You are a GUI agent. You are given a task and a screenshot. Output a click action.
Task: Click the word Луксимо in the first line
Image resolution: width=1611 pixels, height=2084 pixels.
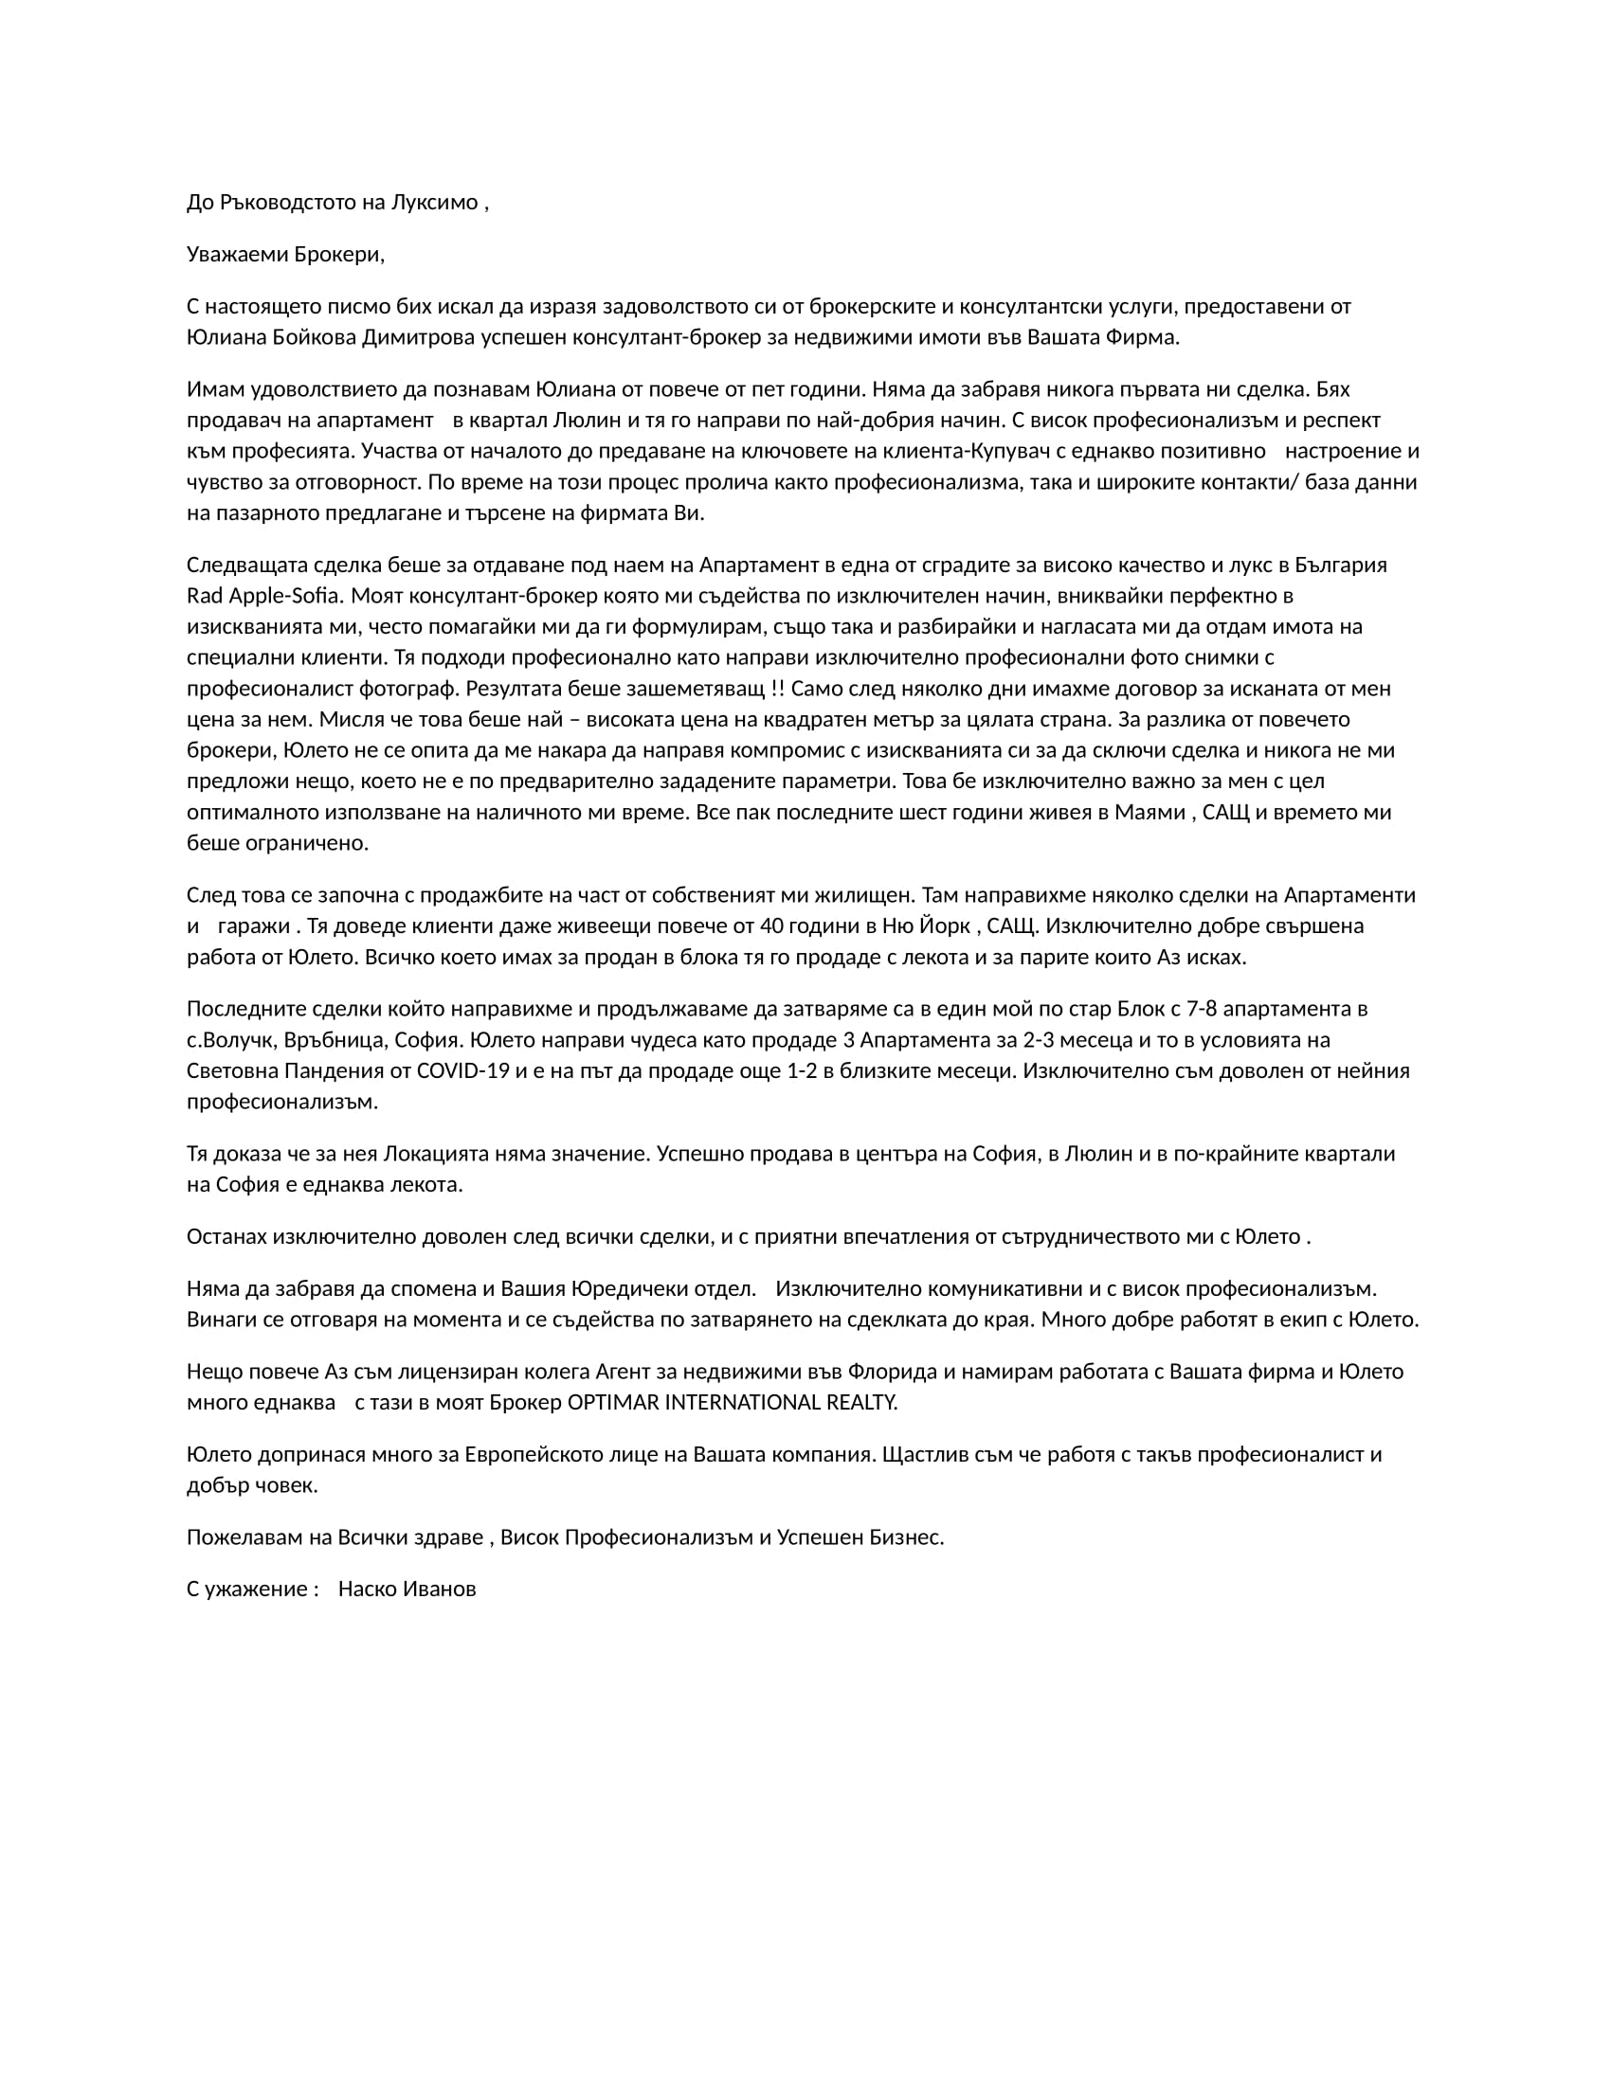click(x=434, y=203)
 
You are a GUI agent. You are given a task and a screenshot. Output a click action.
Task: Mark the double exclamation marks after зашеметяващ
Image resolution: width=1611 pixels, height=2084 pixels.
click(x=776, y=689)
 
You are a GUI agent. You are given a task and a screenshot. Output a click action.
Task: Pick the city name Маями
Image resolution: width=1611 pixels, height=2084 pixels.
click(x=1149, y=813)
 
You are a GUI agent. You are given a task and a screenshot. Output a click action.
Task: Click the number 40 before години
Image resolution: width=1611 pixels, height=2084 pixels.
click(x=772, y=926)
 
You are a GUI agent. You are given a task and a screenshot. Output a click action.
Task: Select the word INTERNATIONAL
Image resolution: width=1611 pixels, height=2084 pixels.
click(x=747, y=1404)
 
